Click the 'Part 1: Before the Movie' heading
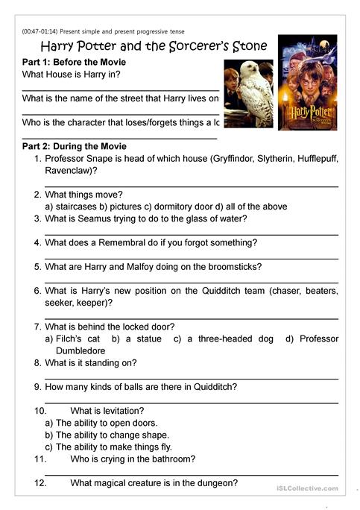coord(75,62)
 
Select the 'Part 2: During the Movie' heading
coord(75,146)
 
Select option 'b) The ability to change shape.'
coord(107,435)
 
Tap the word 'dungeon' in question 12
coord(218,483)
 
